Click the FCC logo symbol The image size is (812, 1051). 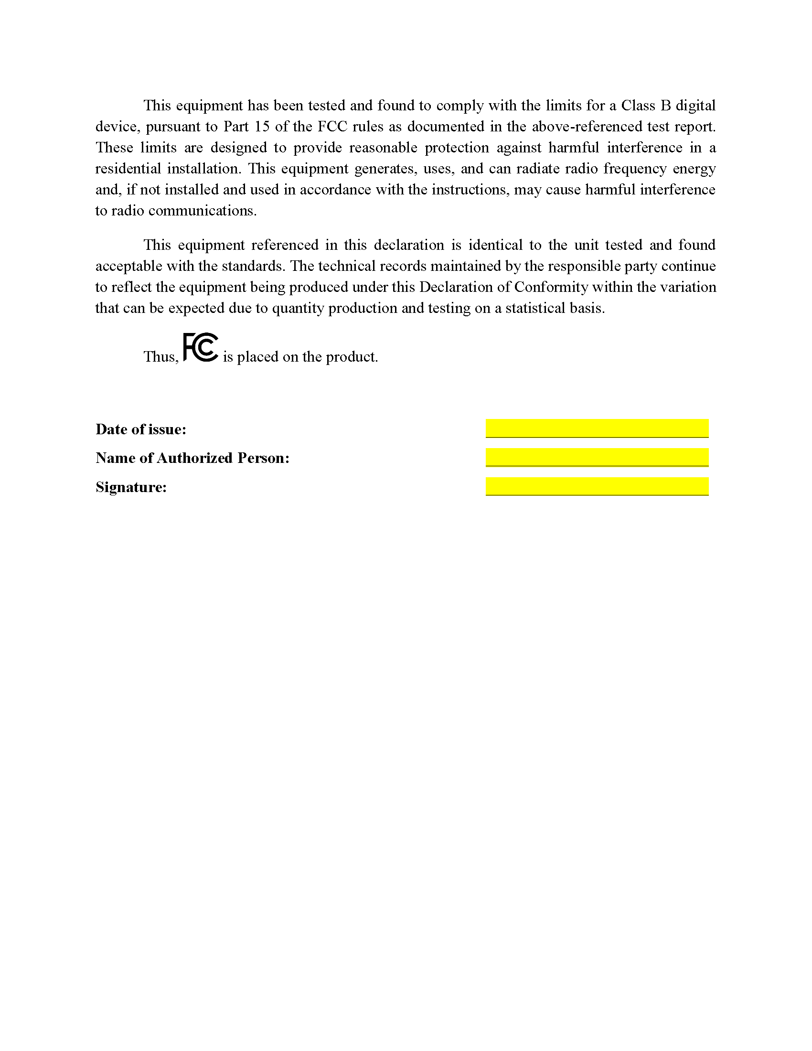(x=201, y=347)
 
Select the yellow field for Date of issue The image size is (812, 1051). (x=597, y=428)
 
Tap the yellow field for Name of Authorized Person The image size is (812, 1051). (x=597, y=457)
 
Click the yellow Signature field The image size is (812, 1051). (x=597, y=485)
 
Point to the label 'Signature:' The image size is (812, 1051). (x=131, y=487)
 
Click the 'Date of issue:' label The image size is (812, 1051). (x=140, y=429)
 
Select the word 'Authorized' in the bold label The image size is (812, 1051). (x=194, y=458)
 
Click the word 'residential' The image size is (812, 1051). (x=128, y=169)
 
